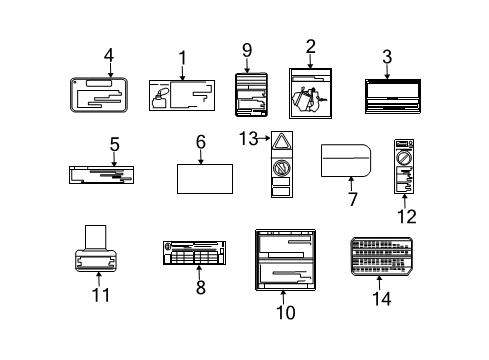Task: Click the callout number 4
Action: coord(108,56)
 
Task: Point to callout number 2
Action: coord(311,45)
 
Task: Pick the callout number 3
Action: coord(386,56)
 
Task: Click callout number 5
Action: coord(114,144)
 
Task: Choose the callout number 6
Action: coord(201,143)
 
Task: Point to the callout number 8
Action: coord(200,287)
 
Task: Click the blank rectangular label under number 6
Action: coord(205,179)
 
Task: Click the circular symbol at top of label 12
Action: coord(405,157)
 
